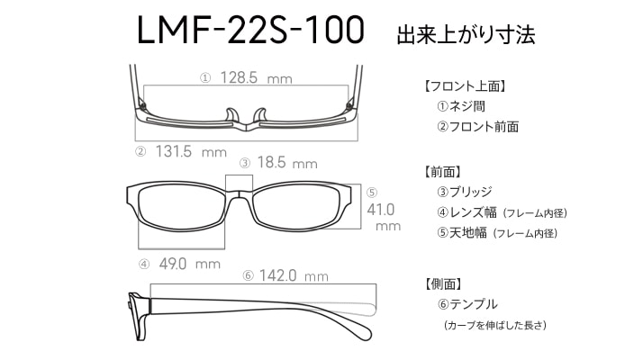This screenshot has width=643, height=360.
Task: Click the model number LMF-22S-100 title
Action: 250,30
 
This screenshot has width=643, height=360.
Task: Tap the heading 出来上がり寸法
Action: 466,34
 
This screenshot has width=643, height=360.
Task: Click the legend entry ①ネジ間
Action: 461,106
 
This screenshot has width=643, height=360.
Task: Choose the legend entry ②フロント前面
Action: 477,127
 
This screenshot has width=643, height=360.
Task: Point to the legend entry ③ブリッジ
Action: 464,192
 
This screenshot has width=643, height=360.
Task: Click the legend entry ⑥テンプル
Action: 467,304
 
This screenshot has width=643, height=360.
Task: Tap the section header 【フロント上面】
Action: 464,86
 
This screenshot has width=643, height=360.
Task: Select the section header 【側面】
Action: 442,283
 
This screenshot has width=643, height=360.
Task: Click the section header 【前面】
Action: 442,172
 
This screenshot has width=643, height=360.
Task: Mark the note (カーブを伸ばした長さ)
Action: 495,325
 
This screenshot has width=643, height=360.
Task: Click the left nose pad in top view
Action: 232,115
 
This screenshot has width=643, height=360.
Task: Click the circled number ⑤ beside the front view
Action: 372,193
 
